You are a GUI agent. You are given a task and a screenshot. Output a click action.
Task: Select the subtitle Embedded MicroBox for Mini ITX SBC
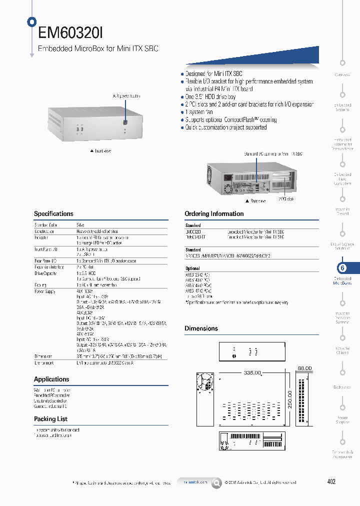(98, 49)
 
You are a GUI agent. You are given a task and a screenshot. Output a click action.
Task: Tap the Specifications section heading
(53, 213)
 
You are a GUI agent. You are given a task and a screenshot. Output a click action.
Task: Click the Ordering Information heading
(214, 213)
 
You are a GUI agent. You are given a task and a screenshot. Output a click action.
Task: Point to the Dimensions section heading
(201, 328)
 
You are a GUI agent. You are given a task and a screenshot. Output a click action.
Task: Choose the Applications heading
(51, 379)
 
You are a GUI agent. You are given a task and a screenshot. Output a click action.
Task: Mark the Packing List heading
(50, 419)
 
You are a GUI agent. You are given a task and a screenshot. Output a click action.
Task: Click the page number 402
(331, 481)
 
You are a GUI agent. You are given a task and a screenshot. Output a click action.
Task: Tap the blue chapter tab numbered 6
(343, 268)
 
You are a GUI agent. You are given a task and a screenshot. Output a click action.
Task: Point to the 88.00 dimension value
(304, 368)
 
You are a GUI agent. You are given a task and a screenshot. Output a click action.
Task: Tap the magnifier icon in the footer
(216, 482)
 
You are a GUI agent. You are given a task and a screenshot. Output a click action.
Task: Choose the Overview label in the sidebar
(342, 74)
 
